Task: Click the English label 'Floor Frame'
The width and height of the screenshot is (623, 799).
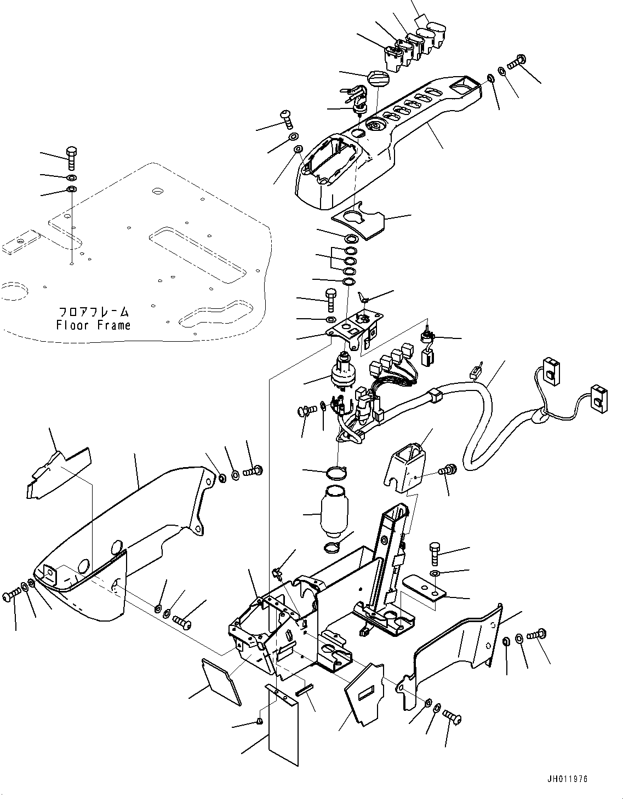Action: (x=93, y=325)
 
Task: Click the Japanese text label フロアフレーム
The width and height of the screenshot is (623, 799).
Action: (x=94, y=312)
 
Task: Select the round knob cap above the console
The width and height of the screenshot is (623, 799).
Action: (x=376, y=78)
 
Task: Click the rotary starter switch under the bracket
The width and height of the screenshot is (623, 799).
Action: (x=344, y=373)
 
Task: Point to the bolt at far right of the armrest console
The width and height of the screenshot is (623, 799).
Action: (x=517, y=61)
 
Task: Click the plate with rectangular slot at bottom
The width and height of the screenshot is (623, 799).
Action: (x=364, y=695)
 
